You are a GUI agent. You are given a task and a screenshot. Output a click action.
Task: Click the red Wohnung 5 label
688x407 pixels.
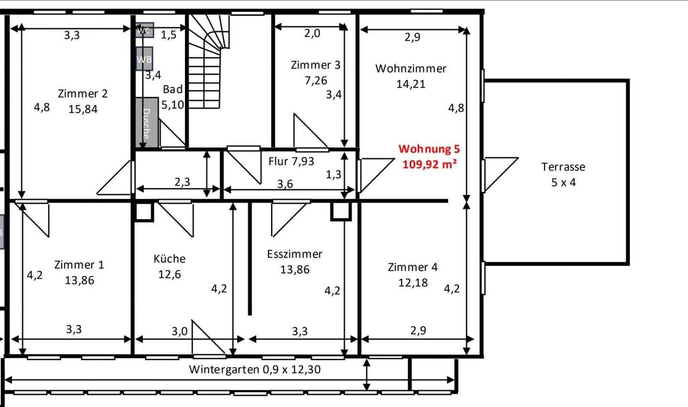point(429,149)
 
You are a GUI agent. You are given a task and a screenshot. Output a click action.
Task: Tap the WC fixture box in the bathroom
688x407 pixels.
point(144,30)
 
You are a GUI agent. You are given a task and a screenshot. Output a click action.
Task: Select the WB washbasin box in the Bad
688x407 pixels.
point(144,59)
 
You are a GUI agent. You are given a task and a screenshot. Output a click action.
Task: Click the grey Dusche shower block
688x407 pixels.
point(147,122)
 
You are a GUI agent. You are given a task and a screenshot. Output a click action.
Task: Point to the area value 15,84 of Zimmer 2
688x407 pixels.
point(83,109)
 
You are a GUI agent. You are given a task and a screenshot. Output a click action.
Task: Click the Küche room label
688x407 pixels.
point(170,259)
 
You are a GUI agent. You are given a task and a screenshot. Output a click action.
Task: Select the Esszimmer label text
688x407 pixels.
point(294,254)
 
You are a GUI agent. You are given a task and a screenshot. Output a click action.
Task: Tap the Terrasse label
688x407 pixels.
point(563,167)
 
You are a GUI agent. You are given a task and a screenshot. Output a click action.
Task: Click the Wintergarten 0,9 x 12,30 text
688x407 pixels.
point(255,369)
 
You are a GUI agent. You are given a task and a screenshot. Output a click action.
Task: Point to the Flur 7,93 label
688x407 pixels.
point(291,161)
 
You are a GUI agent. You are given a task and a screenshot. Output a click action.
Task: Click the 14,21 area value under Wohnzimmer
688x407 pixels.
point(411,84)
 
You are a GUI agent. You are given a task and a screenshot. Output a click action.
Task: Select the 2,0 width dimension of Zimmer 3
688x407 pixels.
point(312,33)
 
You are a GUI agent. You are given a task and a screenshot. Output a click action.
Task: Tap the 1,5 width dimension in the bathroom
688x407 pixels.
point(169,35)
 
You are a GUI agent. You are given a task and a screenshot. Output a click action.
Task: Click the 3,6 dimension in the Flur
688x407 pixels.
point(285,184)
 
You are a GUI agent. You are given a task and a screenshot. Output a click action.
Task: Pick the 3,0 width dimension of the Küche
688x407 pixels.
point(179,331)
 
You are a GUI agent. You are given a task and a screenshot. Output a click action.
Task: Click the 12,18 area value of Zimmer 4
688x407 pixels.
point(413,283)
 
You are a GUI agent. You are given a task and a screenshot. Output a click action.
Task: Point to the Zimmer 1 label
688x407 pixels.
point(79,264)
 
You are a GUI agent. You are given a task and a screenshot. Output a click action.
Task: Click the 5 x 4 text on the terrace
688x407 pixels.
point(563,182)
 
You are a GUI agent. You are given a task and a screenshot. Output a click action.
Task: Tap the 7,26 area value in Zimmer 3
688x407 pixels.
point(316,80)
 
